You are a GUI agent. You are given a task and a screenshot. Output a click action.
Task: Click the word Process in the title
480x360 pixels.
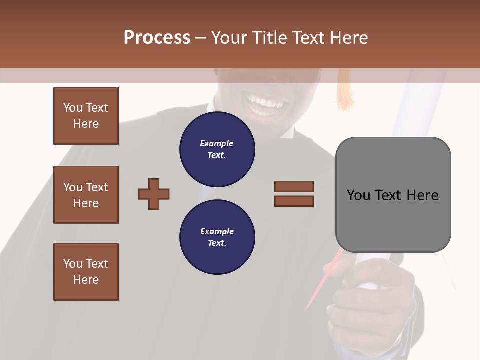(x=157, y=37)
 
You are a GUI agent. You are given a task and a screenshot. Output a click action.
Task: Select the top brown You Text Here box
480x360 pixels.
(x=86, y=116)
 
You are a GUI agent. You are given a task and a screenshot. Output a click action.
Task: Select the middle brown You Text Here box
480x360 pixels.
(x=86, y=195)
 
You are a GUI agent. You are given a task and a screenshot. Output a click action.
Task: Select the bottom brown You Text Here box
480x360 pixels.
(x=86, y=272)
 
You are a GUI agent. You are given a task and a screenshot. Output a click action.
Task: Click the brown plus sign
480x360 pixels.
(x=154, y=194)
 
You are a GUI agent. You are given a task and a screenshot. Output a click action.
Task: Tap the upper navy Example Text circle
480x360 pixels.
(x=217, y=149)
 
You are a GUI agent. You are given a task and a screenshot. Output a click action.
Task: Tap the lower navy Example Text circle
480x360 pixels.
(x=217, y=237)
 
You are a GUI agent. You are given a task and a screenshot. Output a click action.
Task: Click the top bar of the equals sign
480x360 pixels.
(x=294, y=186)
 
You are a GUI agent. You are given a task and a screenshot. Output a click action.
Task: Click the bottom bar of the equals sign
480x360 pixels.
(x=294, y=201)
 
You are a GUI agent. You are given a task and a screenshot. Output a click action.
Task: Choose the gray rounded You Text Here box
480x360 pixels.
(x=393, y=195)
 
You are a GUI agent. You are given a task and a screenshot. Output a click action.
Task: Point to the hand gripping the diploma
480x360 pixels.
(x=370, y=300)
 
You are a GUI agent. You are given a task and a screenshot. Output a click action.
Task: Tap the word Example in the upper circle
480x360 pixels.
(x=217, y=143)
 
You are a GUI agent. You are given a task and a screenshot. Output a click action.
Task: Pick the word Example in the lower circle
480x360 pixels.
(x=217, y=231)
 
